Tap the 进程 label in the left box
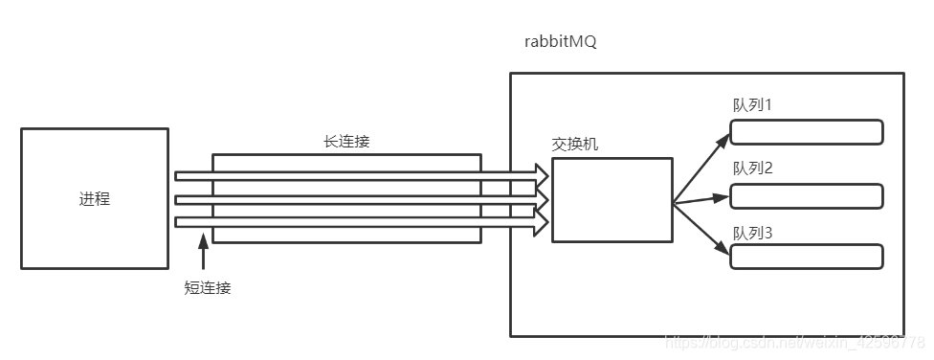click(94, 199)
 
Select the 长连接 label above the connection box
click(346, 141)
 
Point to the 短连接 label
click(208, 286)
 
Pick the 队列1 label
click(753, 104)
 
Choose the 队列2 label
click(753, 169)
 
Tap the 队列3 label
click(753, 233)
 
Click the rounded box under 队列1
click(806, 132)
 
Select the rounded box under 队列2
click(806, 196)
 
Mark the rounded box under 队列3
click(806, 257)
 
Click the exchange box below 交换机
click(612, 199)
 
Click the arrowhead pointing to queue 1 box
click(723, 139)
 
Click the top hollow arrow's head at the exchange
click(542, 175)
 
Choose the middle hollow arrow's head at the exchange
click(542, 199)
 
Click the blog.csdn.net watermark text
click(794, 342)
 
